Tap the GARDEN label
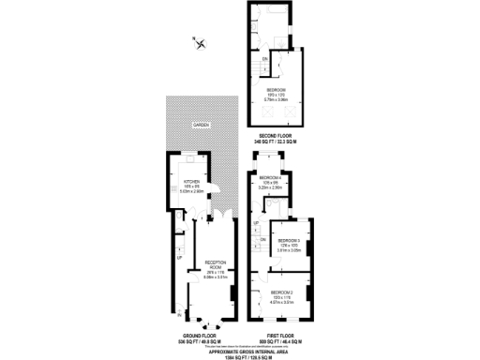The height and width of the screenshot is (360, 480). click(201, 124)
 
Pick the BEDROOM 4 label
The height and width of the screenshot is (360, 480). click(270, 177)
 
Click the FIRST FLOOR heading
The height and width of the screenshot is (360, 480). click(278, 334)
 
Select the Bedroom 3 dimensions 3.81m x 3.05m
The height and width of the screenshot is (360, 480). click(290, 251)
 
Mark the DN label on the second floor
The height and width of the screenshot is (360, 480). click(265, 60)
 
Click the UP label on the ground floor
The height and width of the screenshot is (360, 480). click(179, 255)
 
